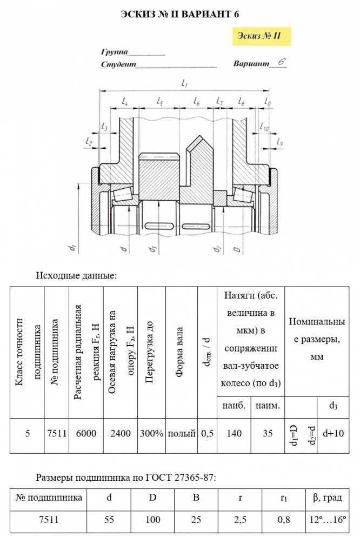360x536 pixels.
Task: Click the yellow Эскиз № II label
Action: click(x=261, y=37)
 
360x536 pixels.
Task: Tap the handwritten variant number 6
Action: click(x=281, y=62)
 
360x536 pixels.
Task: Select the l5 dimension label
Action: click(x=160, y=101)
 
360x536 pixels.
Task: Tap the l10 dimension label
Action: click(x=264, y=128)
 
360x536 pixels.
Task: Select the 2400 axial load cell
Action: click(x=120, y=433)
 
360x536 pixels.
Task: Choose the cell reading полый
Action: click(x=182, y=433)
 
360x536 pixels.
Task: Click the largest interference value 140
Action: click(x=234, y=433)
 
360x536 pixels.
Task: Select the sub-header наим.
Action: click(x=267, y=406)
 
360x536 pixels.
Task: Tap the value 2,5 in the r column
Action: click(x=239, y=520)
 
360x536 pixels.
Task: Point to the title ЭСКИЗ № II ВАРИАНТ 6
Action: click(x=180, y=14)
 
